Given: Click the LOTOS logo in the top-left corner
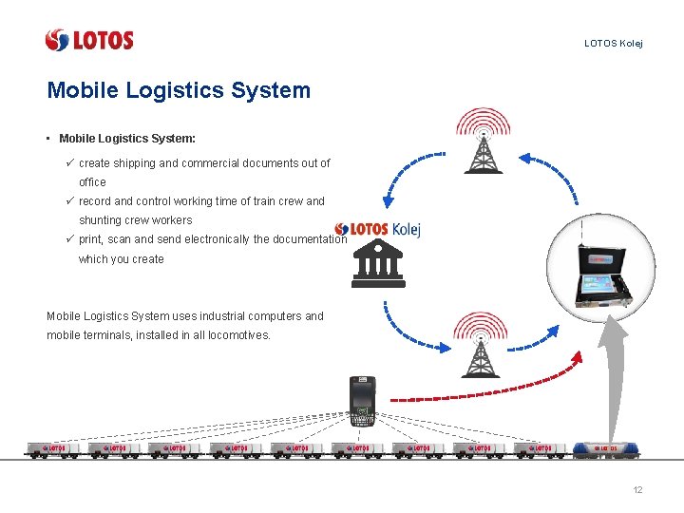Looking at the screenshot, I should (89, 40).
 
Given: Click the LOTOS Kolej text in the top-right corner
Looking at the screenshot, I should (613, 44).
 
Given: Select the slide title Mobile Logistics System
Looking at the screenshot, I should (179, 90).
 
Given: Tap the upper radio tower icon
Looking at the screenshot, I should (483, 141).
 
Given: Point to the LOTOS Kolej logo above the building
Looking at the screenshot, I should (378, 229).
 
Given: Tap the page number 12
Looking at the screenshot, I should (637, 490).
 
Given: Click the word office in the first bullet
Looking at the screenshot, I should (92, 182).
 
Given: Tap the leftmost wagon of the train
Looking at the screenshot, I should (48, 448).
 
